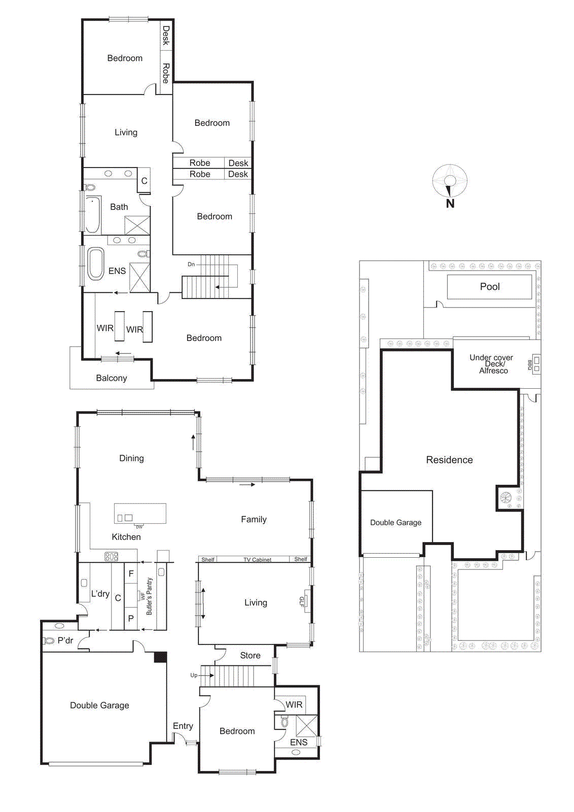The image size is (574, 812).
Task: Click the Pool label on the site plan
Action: pos(490,287)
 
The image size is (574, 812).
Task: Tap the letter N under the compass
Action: pos(450,204)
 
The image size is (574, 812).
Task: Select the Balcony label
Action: pos(111,378)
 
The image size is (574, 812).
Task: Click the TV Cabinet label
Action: pos(257,560)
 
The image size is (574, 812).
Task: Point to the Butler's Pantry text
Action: pos(149,596)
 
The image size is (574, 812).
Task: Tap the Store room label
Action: pos(250,656)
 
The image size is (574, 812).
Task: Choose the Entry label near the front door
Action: pos(183,726)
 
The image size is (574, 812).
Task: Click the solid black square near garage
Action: pos(160,657)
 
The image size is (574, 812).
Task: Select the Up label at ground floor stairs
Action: pos(194,675)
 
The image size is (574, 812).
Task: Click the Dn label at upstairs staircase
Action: pos(191,264)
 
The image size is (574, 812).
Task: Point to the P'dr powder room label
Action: pos(65,640)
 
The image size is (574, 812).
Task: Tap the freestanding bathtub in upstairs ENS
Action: pos(96,263)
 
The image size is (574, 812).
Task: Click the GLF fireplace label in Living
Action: pos(302,602)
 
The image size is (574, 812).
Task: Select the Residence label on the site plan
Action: pos(449,460)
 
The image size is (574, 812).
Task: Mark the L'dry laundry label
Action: pos(100,594)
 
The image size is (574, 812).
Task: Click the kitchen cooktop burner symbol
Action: pos(112,557)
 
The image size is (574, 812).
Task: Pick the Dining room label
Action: pos(131,458)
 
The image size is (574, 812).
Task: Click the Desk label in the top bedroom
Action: pos(166,36)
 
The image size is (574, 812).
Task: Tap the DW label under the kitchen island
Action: pos(139,527)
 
